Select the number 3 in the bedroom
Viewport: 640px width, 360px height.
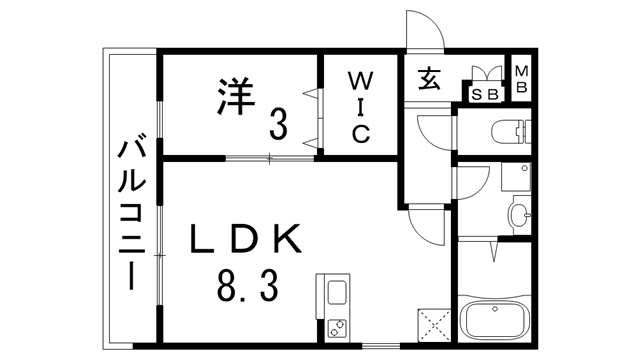point(277,125)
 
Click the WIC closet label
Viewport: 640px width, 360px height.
point(359,106)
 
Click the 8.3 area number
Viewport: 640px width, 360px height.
point(245,290)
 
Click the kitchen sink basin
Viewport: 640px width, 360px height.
point(335,296)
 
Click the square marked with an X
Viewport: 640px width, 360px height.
point(435,323)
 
